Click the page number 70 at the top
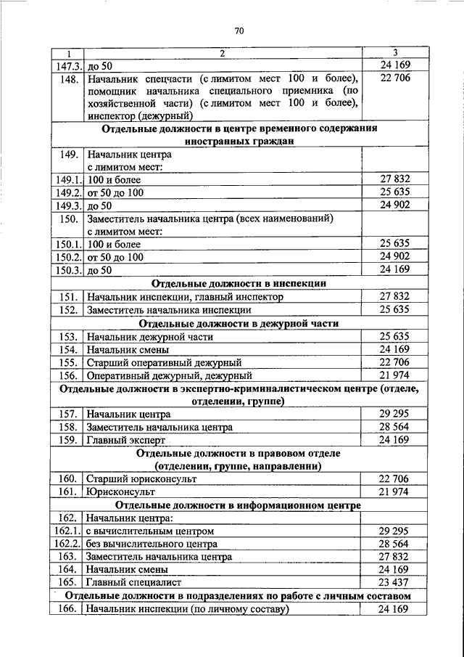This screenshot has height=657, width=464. [x=239, y=30]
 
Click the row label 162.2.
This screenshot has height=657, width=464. [x=67, y=544]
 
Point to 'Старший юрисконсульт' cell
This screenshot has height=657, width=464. [x=141, y=479]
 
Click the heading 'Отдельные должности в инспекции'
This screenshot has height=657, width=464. [x=239, y=283]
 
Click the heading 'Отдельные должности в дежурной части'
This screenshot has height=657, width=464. [x=239, y=323]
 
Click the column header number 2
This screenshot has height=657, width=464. [x=223, y=53]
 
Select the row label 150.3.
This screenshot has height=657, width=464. [x=67, y=270]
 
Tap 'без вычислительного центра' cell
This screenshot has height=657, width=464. [x=152, y=544]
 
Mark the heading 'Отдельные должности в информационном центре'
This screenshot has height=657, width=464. [x=239, y=505]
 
